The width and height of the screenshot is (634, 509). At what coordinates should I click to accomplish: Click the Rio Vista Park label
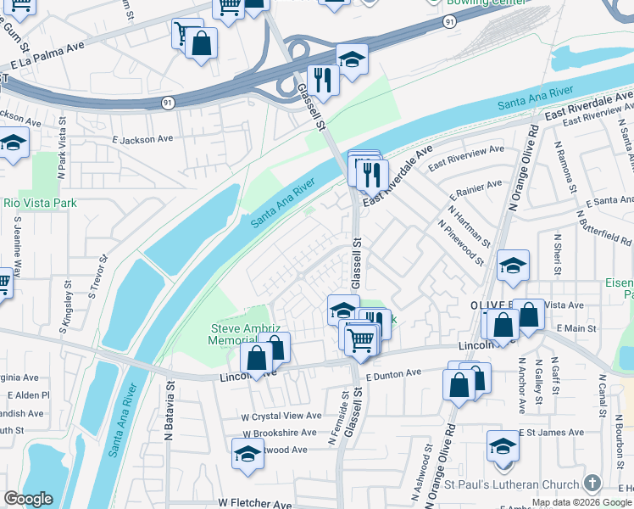pyautogui.click(x=40, y=203)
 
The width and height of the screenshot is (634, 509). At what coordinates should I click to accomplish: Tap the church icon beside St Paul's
pyautogui.click(x=592, y=484)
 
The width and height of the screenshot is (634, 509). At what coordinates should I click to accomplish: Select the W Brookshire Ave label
pyautogui.click(x=279, y=432)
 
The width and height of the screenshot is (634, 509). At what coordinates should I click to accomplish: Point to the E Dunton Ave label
pyautogui.click(x=393, y=373)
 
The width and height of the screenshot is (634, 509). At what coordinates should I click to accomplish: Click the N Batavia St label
pyautogui.click(x=170, y=400)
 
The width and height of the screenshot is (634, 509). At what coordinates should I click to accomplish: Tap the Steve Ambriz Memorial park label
pyautogui.click(x=239, y=334)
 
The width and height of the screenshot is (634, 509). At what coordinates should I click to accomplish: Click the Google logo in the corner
pyautogui.click(x=28, y=499)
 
